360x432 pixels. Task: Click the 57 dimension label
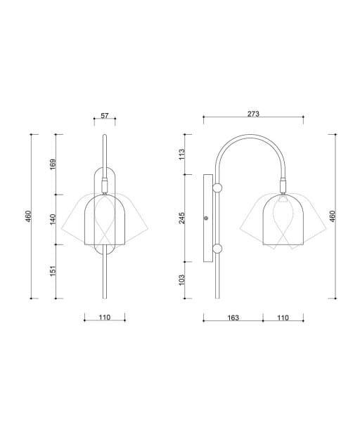[105, 115]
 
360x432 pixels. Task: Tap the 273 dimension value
[253, 114]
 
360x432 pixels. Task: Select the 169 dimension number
[53, 164]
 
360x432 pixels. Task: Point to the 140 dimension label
[53, 219]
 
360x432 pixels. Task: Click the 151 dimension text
[53, 271]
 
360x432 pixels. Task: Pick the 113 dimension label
[181, 155]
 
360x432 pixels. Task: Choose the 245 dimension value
[181, 218]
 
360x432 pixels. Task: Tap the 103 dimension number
[181, 280]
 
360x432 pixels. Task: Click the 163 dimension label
[233, 318]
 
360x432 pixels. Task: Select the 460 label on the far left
[28, 216]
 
